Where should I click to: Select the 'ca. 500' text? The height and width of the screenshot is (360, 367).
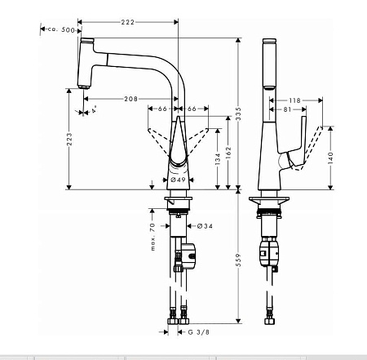click(60, 29)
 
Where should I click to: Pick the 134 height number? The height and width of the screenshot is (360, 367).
click(217, 160)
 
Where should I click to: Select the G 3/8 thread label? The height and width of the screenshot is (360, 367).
click(199, 333)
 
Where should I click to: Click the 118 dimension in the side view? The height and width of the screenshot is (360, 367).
click(294, 100)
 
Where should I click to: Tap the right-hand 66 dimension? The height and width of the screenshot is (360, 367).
click(192, 108)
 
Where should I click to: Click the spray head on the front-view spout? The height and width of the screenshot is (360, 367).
click(82, 65)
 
